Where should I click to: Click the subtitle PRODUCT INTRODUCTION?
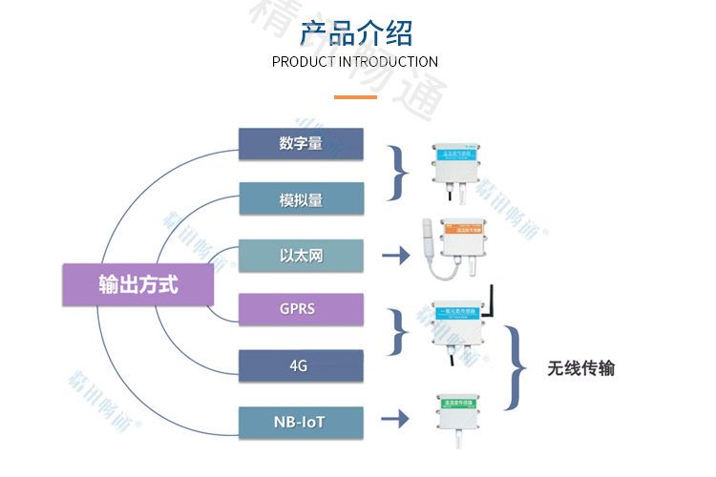(355, 62)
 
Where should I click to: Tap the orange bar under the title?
(354, 96)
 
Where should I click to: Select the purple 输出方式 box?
(137, 284)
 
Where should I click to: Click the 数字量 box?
(301, 144)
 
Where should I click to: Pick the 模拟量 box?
(301, 199)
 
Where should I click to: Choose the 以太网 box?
(301, 256)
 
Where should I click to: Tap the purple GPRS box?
(301, 310)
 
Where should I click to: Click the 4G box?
(301, 366)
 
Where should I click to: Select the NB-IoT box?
(301, 421)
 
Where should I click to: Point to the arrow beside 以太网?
(395, 256)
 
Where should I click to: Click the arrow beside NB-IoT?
(395, 418)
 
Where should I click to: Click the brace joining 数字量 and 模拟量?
(398, 173)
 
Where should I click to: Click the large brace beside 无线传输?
(516, 368)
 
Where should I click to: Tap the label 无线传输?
(580, 368)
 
